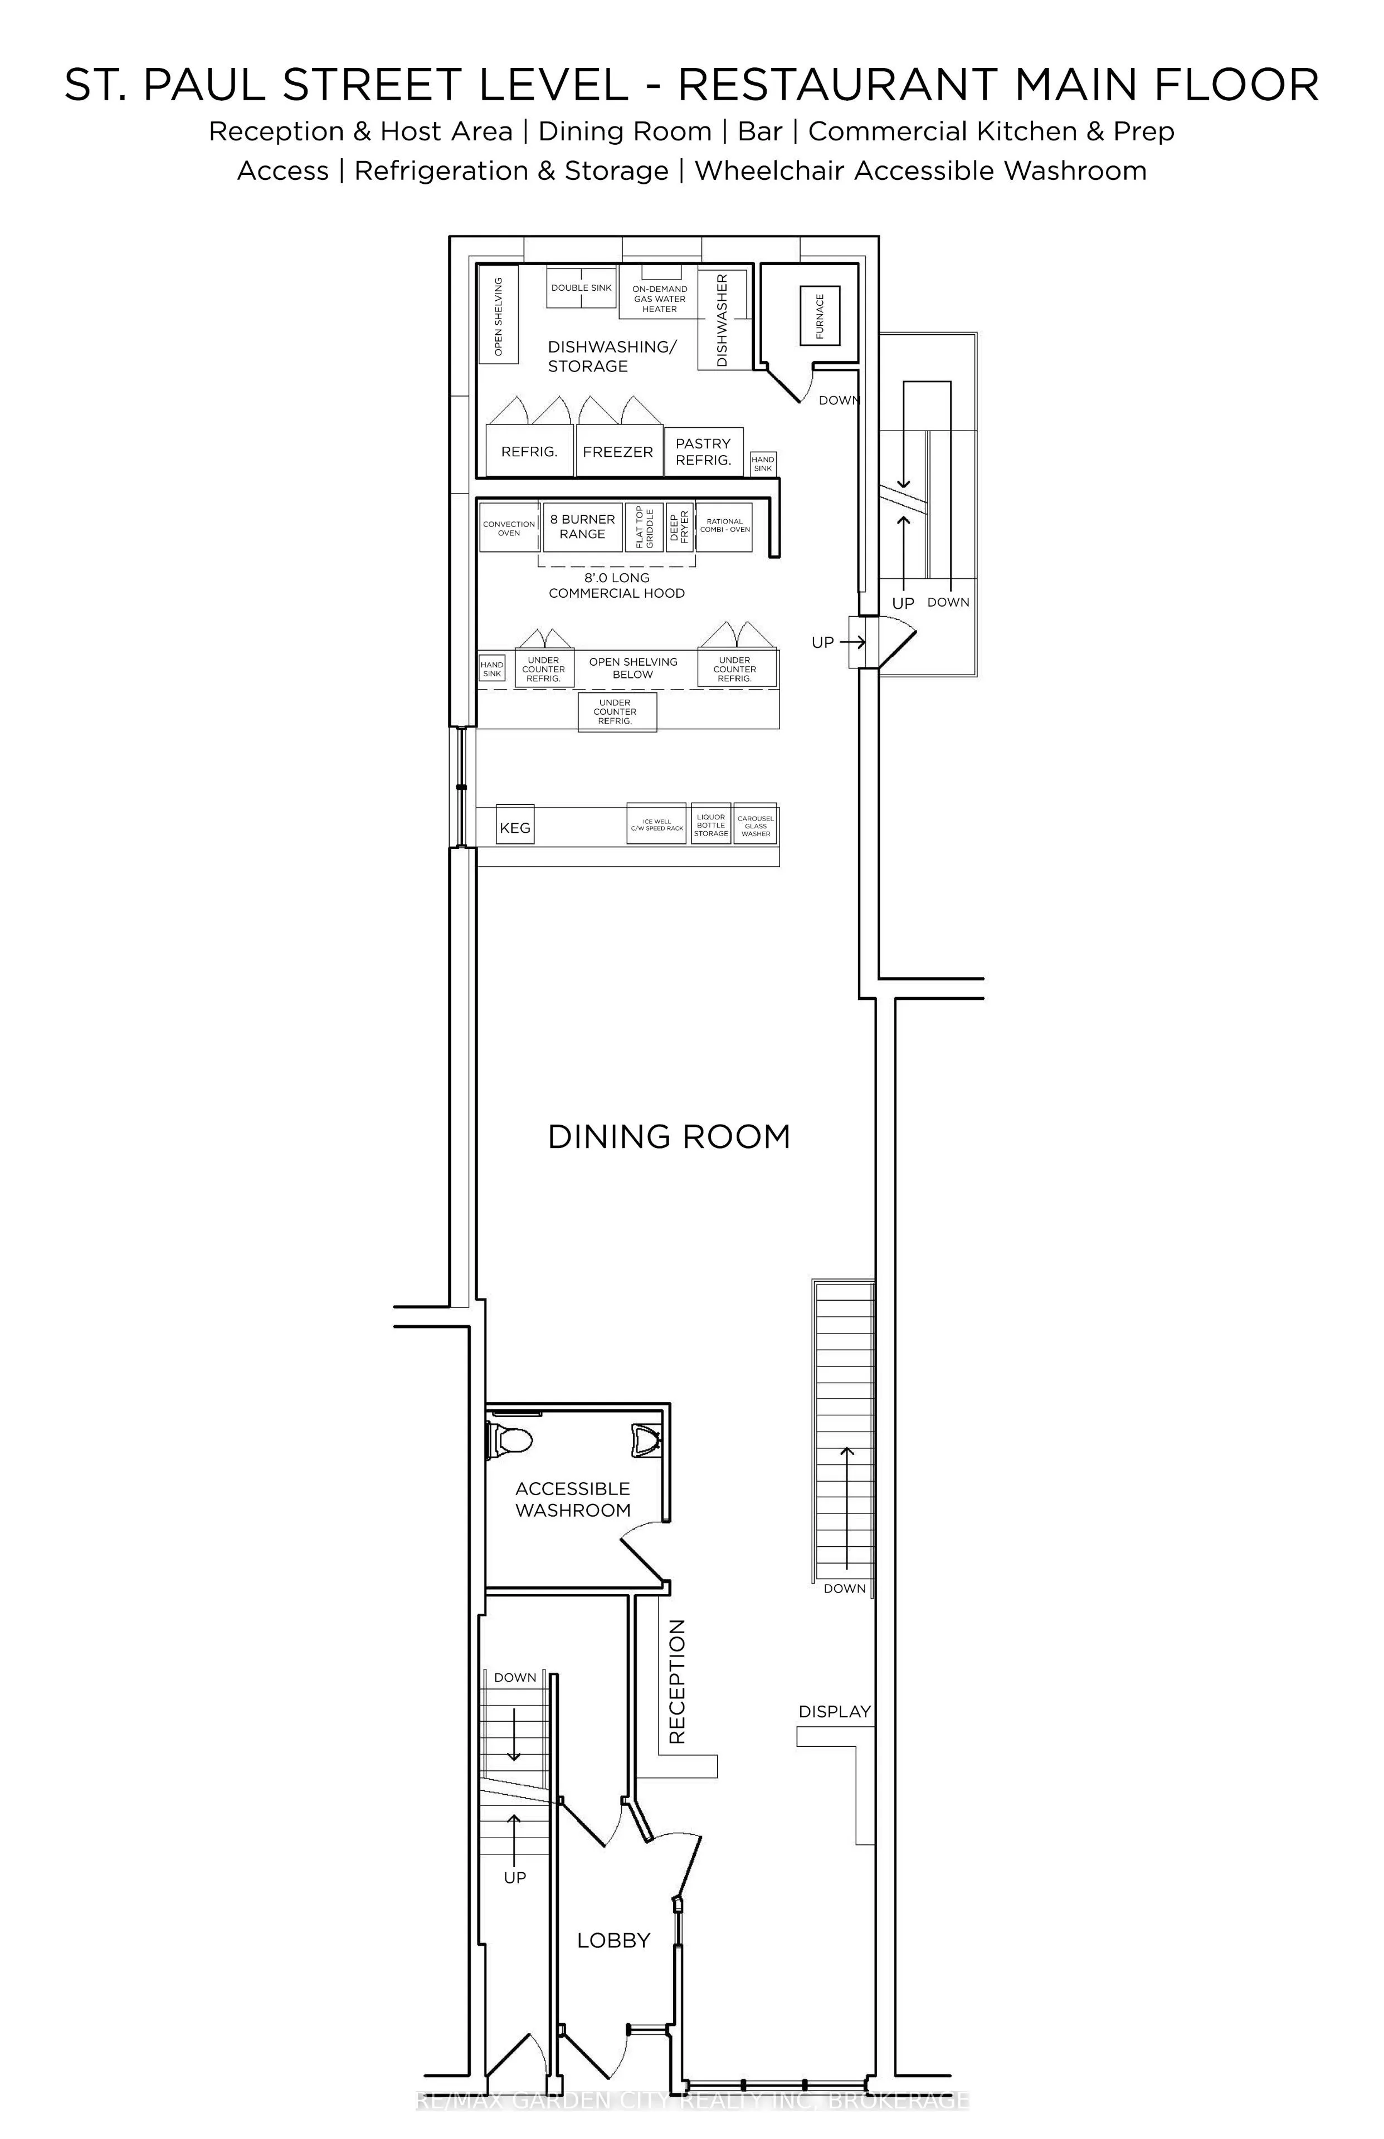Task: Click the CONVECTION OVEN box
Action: point(509,528)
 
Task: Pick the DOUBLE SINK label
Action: point(582,287)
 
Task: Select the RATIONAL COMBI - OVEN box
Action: point(724,526)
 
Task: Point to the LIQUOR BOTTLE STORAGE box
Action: point(711,824)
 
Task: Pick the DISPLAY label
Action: point(835,1711)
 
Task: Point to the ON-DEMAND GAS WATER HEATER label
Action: point(660,299)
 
